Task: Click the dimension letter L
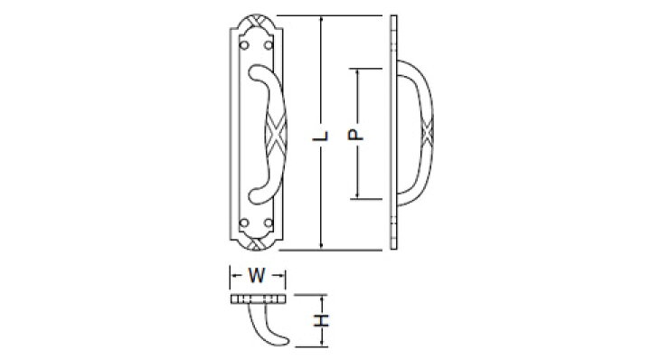pyautogui.click(x=320, y=136)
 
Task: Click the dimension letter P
pyautogui.click(x=356, y=135)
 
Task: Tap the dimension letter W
pyautogui.click(x=257, y=275)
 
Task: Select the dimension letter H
pyautogui.click(x=321, y=320)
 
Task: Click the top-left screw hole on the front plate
pyautogui.click(x=244, y=45)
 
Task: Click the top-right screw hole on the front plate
pyautogui.click(x=269, y=45)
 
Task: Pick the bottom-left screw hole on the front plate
pyautogui.click(x=244, y=223)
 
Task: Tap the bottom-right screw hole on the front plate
pyautogui.click(x=269, y=223)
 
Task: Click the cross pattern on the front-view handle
pyautogui.click(x=276, y=134)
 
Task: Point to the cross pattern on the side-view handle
pyautogui.click(x=427, y=133)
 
